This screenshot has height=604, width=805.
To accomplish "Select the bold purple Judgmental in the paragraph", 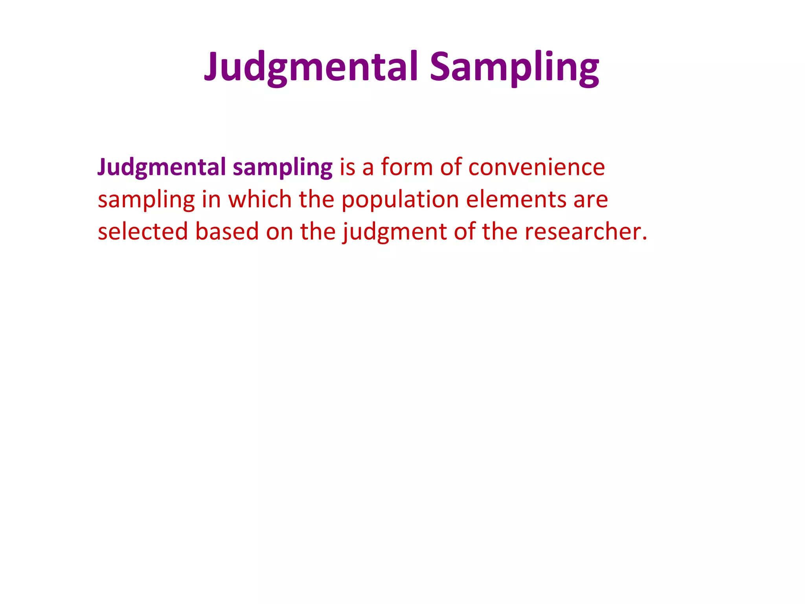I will (x=162, y=168).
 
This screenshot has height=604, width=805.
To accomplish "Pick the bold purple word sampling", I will (x=283, y=168).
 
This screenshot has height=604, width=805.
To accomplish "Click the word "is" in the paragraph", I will (x=347, y=168).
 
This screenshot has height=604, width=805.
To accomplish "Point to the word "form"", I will (x=406, y=168).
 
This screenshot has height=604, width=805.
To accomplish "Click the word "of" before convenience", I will (x=450, y=168).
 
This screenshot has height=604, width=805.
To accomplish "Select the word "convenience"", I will (x=537, y=168).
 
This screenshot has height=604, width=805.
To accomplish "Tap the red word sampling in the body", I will (x=146, y=200).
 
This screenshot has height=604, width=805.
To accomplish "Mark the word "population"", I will (x=400, y=200).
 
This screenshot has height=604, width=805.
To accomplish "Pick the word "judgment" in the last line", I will (x=395, y=232).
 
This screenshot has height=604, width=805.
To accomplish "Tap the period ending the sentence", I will (x=644, y=238).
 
